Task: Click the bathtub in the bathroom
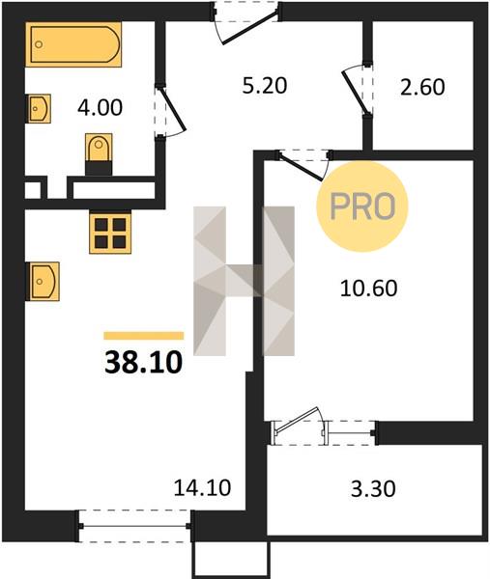pyautogui.click(x=73, y=44)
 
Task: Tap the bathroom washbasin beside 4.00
pyautogui.click(x=39, y=108)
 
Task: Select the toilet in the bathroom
pyautogui.click(x=99, y=153)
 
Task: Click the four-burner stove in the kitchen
pyautogui.click(x=110, y=233)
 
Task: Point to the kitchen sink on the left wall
pyautogui.click(x=43, y=282)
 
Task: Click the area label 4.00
pyautogui.click(x=100, y=108)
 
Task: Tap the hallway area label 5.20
pyautogui.click(x=265, y=86)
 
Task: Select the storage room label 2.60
pyautogui.click(x=422, y=88)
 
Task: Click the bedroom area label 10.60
pyautogui.click(x=368, y=289)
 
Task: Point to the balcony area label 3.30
pyautogui.click(x=373, y=488)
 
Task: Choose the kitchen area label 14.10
pyautogui.click(x=202, y=487)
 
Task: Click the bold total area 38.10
pyautogui.click(x=144, y=362)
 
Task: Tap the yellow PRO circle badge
pyautogui.click(x=362, y=207)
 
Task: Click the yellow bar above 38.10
pyautogui.click(x=144, y=336)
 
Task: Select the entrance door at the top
pyautogui.click(x=245, y=22)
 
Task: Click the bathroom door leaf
pyautogui.click(x=171, y=111)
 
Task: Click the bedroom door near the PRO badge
pyautogui.click(x=302, y=166)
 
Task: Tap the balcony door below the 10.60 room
pyautogui.click(x=300, y=427)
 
